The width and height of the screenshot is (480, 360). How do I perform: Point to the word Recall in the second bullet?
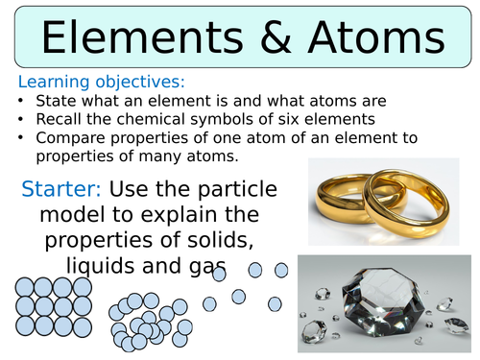pyautogui.click(x=58, y=120)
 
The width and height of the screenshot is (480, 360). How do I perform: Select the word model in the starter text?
pyautogui.click(x=68, y=213)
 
